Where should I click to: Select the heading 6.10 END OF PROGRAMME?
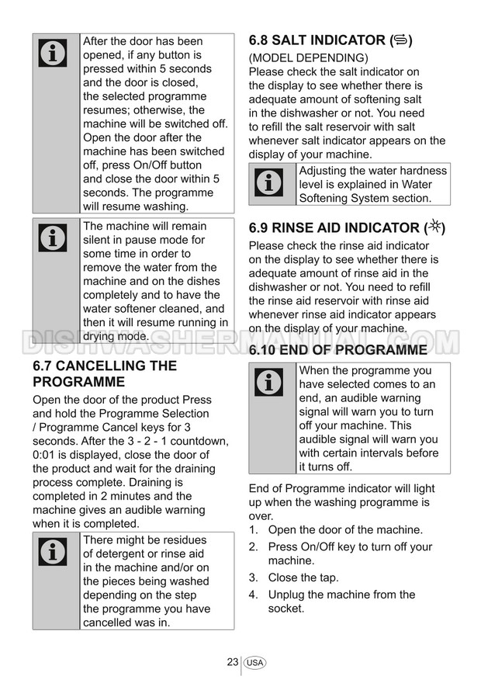point(337,351)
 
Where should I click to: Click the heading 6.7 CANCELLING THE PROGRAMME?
point(105,373)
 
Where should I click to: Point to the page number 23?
point(233,662)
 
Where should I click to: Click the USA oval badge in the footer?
point(254,663)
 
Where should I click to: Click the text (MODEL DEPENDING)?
point(308,58)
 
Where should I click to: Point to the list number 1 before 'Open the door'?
point(253,530)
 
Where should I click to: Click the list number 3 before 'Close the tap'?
point(253,577)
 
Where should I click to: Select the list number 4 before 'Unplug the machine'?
point(253,595)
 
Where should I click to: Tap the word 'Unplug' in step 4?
point(287,595)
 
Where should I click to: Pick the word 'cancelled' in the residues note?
point(109,622)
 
